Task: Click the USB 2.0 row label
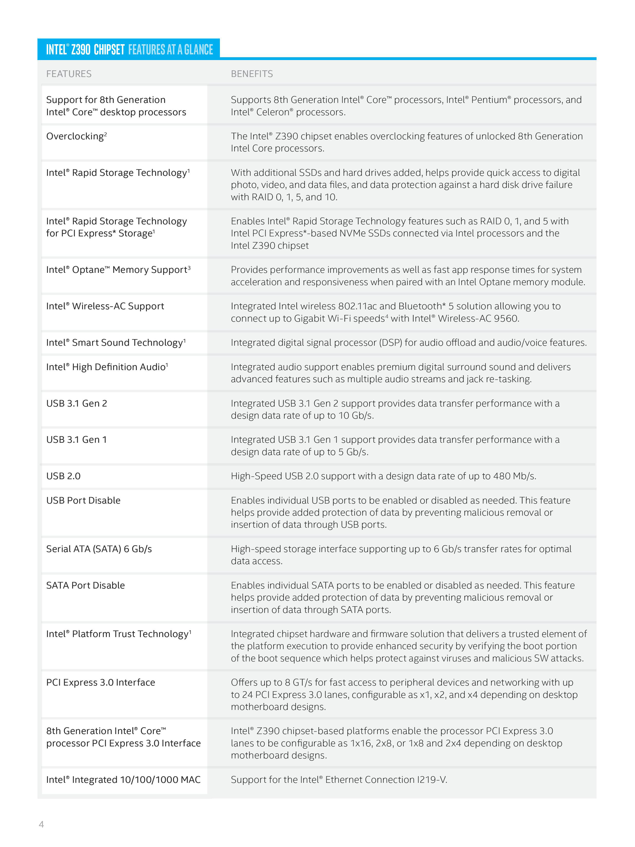pyautogui.click(x=63, y=476)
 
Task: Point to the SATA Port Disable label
pyautogui.click(x=85, y=585)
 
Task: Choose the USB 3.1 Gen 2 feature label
pyautogui.click(x=76, y=403)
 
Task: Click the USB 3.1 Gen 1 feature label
pyautogui.click(x=76, y=440)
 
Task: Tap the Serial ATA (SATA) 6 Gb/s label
pyautogui.click(x=99, y=549)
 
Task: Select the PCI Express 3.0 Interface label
pyautogui.click(x=100, y=682)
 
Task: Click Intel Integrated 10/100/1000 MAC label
pyautogui.click(x=123, y=779)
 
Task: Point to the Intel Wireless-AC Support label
pyautogui.click(x=105, y=306)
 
